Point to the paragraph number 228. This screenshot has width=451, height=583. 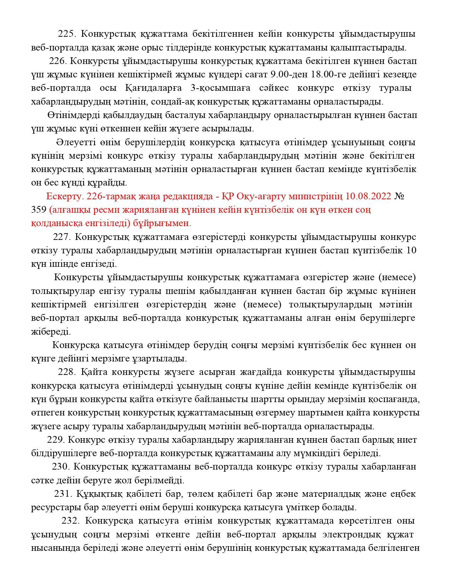[67, 372]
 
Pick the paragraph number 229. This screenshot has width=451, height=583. [56, 440]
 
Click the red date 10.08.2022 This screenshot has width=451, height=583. [369, 196]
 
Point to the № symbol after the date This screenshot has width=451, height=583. [399, 196]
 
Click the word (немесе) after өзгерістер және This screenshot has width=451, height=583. [397, 277]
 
